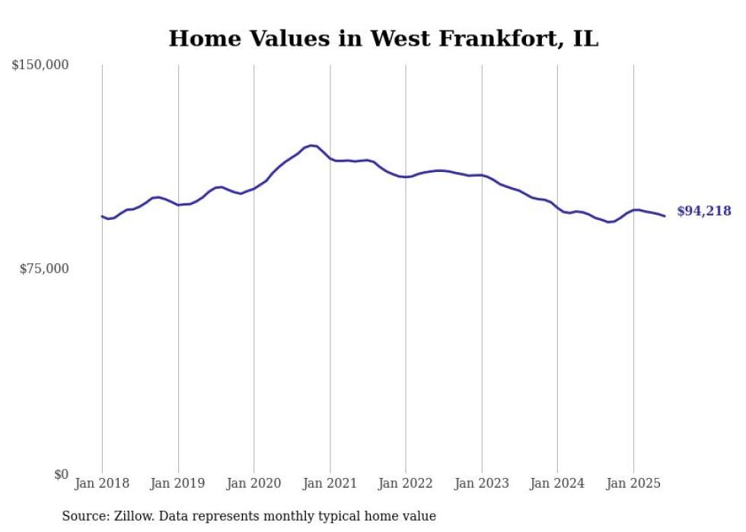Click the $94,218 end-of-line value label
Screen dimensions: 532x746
(703, 212)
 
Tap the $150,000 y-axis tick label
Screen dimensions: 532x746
(40, 65)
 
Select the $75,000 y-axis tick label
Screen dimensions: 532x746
(43, 269)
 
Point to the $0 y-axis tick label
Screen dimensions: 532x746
(61, 474)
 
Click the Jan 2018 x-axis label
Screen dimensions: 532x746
(102, 483)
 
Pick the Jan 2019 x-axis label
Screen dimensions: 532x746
(178, 483)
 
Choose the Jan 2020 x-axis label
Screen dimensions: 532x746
(254, 483)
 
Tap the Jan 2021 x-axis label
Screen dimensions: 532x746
(330, 483)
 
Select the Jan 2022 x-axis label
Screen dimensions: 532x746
(406, 483)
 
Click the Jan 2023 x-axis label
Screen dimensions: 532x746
(482, 483)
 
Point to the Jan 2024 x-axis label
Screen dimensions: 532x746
(557, 483)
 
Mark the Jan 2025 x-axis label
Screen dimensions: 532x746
(633, 483)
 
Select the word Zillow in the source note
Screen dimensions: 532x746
(131, 516)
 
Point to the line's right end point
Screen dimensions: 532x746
(665, 216)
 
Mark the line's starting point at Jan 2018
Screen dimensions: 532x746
(102, 216)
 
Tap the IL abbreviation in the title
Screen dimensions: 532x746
(586, 39)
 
